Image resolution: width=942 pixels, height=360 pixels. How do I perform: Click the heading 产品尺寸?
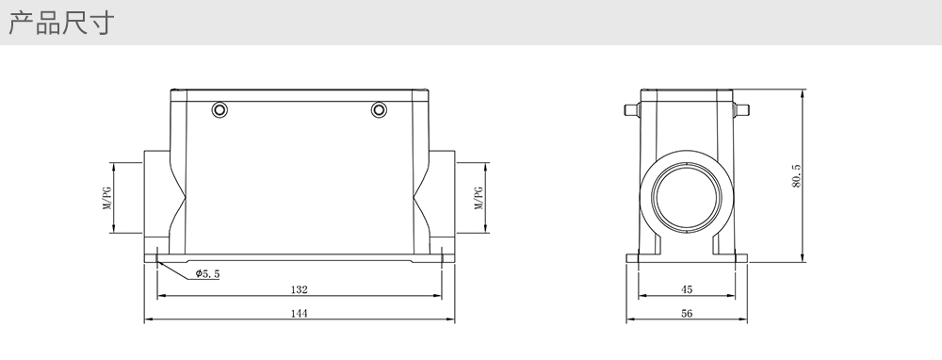pyautogui.click(x=61, y=23)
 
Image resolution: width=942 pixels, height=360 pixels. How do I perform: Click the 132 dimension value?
pyautogui.click(x=300, y=289)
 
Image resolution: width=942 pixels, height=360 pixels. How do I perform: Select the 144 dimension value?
pyautogui.click(x=300, y=313)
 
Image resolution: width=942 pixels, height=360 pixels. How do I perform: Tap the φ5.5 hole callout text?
pyautogui.click(x=208, y=274)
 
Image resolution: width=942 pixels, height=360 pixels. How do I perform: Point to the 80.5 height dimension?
pyautogui.click(x=797, y=176)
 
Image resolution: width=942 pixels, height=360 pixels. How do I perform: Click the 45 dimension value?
pyautogui.click(x=687, y=289)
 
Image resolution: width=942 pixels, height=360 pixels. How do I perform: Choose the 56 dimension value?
pyautogui.click(x=687, y=313)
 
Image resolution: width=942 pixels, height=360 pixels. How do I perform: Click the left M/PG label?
pyautogui.click(x=106, y=198)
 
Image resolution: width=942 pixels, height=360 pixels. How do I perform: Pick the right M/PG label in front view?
pyautogui.click(x=479, y=198)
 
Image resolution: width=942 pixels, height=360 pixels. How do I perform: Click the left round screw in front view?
pyautogui.click(x=219, y=110)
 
